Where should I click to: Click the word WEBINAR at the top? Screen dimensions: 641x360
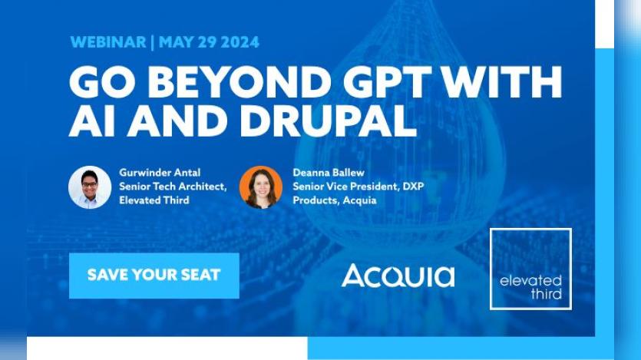[x=108, y=42]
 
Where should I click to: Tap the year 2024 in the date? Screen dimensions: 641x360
[x=240, y=42]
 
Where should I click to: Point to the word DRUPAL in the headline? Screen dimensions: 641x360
[x=329, y=121]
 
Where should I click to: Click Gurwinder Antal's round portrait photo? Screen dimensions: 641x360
[x=90, y=187]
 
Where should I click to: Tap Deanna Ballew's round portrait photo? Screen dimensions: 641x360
[x=261, y=187]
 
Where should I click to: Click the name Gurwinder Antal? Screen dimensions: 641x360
[x=160, y=173]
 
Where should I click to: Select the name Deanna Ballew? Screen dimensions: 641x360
[x=329, y=173]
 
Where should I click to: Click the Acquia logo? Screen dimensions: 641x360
[x=398, y=276]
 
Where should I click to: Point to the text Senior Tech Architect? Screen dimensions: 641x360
[x=173, y=187]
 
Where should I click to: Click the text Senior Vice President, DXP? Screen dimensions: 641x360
[x=358, y=187]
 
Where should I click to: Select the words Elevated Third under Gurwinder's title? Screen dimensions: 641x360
[x=154, y=200]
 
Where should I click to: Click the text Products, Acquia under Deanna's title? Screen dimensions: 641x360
[x=335, y=200]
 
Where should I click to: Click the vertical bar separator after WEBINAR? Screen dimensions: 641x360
[x=153, y=42]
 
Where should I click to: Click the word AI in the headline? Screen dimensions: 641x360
[x=92, y=121]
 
